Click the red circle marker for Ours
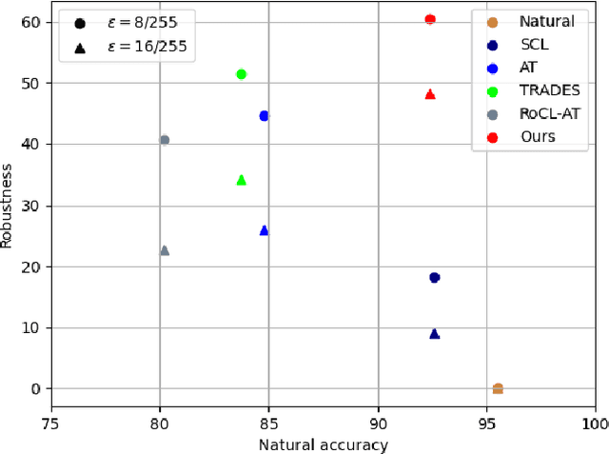click(x=430, y=19)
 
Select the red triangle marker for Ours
click(x=430, y=94)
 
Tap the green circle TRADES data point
click(x=242, y=74)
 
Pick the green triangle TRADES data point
click(x=242, y=179)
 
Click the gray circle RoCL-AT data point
click(x=165, y=140)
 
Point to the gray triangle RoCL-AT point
click(x=165, y=250)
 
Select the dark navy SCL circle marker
click(x=435, y=278)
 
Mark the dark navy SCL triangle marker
click(x=435, y=333)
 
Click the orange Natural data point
click(x=498, y=388)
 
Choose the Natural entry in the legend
click(x=546, y=21)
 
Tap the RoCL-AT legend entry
click(x=547, y=113)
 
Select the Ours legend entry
click(x=538, y=137)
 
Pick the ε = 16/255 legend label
click(x=148, y=47)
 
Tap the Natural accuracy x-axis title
click(x=324, y=444)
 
